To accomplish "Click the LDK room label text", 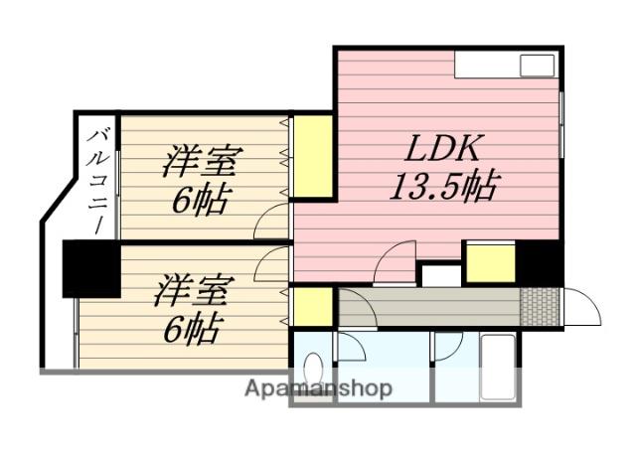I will (443, 149).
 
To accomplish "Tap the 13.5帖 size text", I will (443, 186).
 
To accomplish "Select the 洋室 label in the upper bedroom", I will (205, 161).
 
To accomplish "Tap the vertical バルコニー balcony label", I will (100, 179).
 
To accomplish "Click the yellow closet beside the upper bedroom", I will (312, 156).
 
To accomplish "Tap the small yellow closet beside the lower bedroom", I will (312, 307).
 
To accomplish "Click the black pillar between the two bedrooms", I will (90, 268).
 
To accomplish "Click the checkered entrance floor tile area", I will (542, 306).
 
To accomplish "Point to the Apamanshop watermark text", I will (318, 387).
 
